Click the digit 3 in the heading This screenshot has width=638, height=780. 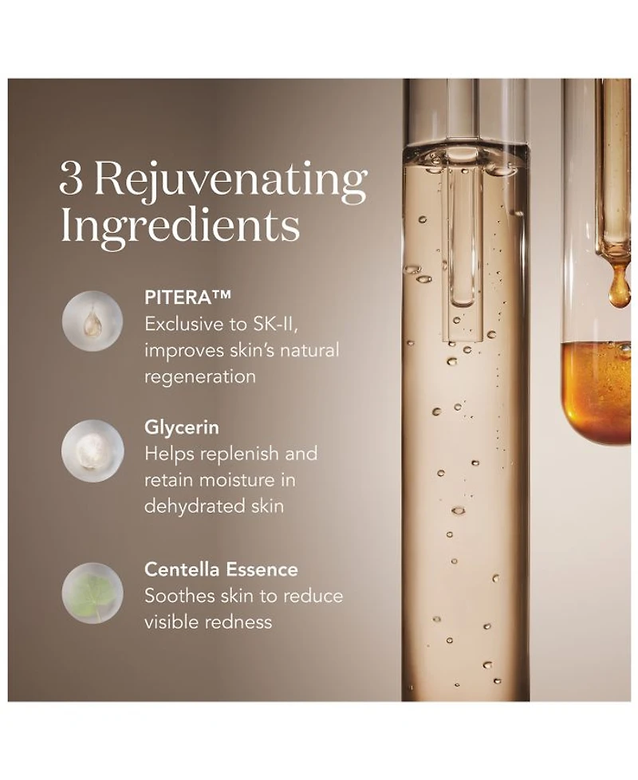point(71,179)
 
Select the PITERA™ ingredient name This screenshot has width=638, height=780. point(187,297)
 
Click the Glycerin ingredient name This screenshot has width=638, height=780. point(182,427)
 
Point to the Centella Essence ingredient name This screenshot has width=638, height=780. point(221,569)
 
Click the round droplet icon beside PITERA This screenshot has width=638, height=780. point(93,321)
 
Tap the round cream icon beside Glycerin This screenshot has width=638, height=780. point(93,451)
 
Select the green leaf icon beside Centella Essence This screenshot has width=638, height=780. point(93,593)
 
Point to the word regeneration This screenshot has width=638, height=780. point(200,377)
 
